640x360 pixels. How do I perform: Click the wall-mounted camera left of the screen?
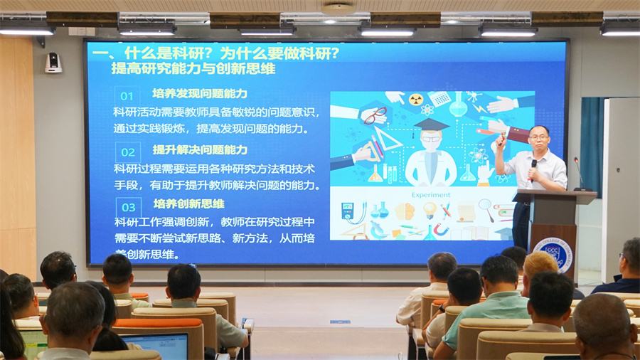coord(53,63)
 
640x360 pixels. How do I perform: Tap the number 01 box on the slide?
coord(127,96)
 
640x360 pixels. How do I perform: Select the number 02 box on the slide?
coord(127,152)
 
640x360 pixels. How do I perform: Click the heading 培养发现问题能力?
coord(200,94)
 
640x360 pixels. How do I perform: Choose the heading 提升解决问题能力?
coord(200,149)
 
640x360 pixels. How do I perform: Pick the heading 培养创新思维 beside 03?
coord(188,204)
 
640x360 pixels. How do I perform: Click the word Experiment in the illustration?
coord(431,194)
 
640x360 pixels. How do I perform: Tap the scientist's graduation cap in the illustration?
coord(432,125)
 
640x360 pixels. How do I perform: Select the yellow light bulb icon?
coord(430,210)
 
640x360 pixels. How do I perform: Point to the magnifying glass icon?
coord(486,208)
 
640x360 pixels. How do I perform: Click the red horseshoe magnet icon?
coord(442,229)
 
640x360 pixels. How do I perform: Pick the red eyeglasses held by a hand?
coord(375,115)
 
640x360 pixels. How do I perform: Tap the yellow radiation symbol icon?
coord(416,100)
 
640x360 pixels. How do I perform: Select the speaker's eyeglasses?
coord(538,137)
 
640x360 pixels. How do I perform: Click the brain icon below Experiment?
coord(404,211)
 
